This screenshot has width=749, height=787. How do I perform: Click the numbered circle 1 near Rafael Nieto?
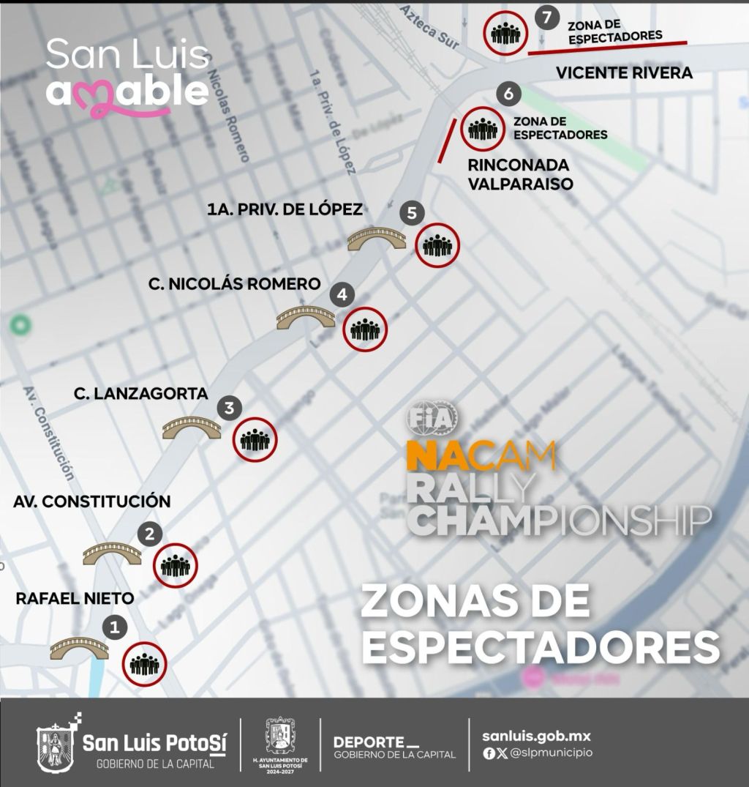tap(114, 627)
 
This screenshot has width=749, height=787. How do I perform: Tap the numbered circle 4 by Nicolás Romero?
tap(342, 296)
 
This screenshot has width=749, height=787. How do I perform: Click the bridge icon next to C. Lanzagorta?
tap(191, 428)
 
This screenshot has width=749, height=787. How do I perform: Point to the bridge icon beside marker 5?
tap(377, 239)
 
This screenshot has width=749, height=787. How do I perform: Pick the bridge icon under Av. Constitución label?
tap(112, 553)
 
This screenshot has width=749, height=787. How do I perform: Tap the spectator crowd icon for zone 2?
tap(176, 566)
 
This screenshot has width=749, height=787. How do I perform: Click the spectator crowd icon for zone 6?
tap(483, 130)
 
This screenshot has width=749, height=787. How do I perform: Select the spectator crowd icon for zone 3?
tap(255, 439)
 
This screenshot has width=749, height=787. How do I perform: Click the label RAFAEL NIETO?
tap(75, 599)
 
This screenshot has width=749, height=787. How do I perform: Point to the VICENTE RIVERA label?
tap(624, 73)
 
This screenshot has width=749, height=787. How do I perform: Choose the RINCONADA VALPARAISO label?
tap(520, 174)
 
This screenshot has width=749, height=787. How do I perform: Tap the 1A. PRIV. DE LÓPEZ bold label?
tap(285, 210)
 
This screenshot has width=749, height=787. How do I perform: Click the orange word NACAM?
tap(481, 458)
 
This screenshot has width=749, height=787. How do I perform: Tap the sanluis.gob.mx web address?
tap(536, 736)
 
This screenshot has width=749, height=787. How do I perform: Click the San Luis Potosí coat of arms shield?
tap(56, 747)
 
